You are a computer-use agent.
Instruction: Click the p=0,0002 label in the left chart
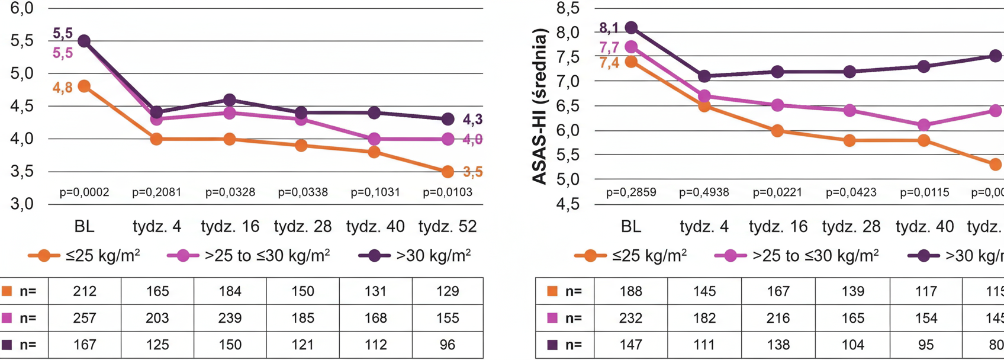(84, 192)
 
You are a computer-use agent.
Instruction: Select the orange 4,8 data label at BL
(62, 88)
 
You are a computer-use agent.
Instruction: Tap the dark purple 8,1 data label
(609, 28)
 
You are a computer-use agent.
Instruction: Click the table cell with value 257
(85, 318)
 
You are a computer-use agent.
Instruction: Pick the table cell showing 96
(448, 345)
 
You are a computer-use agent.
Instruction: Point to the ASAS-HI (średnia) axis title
(540, 109)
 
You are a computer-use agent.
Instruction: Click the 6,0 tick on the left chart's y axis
(22, 9)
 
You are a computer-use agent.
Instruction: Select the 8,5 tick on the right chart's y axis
(568, 9)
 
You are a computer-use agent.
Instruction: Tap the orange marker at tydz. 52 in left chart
(448, 172)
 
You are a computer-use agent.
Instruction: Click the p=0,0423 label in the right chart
(851, 192)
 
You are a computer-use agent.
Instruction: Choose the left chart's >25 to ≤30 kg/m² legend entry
(249, 256)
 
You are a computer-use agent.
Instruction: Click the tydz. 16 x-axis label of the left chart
(230, 227)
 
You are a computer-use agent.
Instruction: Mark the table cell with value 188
(631, 291)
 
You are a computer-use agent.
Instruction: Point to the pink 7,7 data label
(609, 47)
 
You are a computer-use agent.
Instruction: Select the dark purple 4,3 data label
(472, 120)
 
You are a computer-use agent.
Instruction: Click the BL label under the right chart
(631, 227)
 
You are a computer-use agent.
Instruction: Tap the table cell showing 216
(778, 318)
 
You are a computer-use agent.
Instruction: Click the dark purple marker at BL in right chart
(631, 28)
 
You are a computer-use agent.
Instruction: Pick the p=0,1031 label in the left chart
(375, 192)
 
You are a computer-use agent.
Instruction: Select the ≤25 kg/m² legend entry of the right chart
(631, 256)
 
